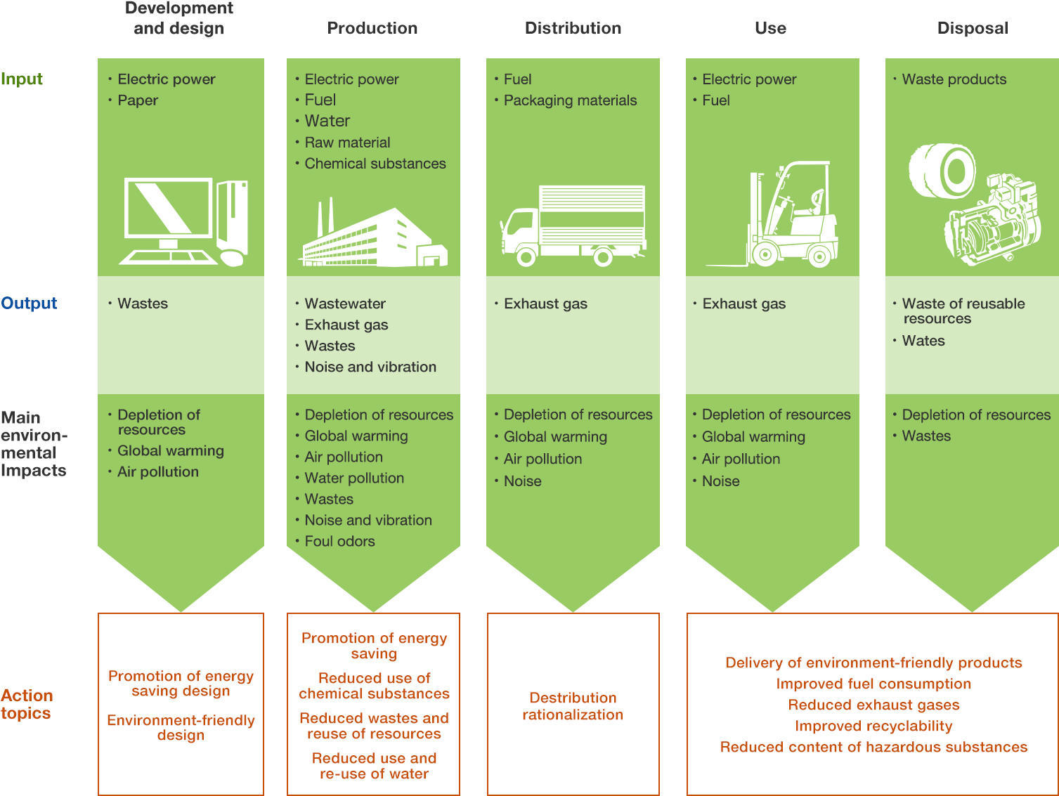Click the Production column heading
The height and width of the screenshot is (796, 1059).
(x=372, y=28)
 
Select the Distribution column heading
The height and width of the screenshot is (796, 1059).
(x=573, y=28)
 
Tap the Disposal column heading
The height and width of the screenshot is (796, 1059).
(x=973, y=28)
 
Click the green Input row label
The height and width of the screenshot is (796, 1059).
(x=22, y=79)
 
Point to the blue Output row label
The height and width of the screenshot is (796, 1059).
(x=29, y=303)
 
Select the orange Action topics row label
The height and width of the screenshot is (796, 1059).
(x=27, y=704)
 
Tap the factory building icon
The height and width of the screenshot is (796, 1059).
(x=373, y=235)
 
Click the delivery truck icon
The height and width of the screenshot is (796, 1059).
(x=573, y=226)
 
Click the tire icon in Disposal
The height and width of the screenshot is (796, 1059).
(x=942, y=171)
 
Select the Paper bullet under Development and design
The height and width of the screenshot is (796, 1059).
(x=138, y=100)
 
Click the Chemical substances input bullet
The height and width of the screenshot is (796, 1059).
(x=375, y=164)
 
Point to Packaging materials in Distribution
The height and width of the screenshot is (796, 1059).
(x=571, y=100)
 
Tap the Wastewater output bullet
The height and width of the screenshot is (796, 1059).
(x=345, y=304)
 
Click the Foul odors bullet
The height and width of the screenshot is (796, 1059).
(x=339, y=541)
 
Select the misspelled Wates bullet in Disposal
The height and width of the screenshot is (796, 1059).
(x=923, y=340)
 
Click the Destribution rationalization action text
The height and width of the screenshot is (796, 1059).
(x=573, y=706)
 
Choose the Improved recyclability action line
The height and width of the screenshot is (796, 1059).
(x=873, y=726)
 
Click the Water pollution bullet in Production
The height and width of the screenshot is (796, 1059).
(x=354, y=478)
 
